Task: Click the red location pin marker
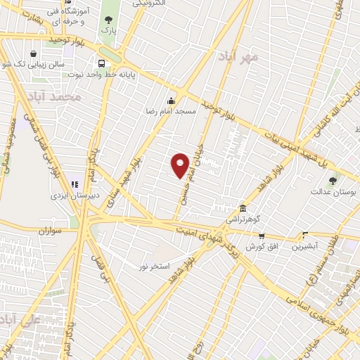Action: tap(181, 165)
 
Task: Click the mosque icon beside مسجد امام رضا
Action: tap(171, 101)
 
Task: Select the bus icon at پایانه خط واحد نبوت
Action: tap(102, 62)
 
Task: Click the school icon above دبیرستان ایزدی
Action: tap(75, 184)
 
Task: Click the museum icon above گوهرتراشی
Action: tap(243, 209)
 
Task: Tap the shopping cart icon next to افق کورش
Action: tap(262, 236)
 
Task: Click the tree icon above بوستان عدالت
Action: tap(333, 181)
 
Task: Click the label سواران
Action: tap(51, 230)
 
